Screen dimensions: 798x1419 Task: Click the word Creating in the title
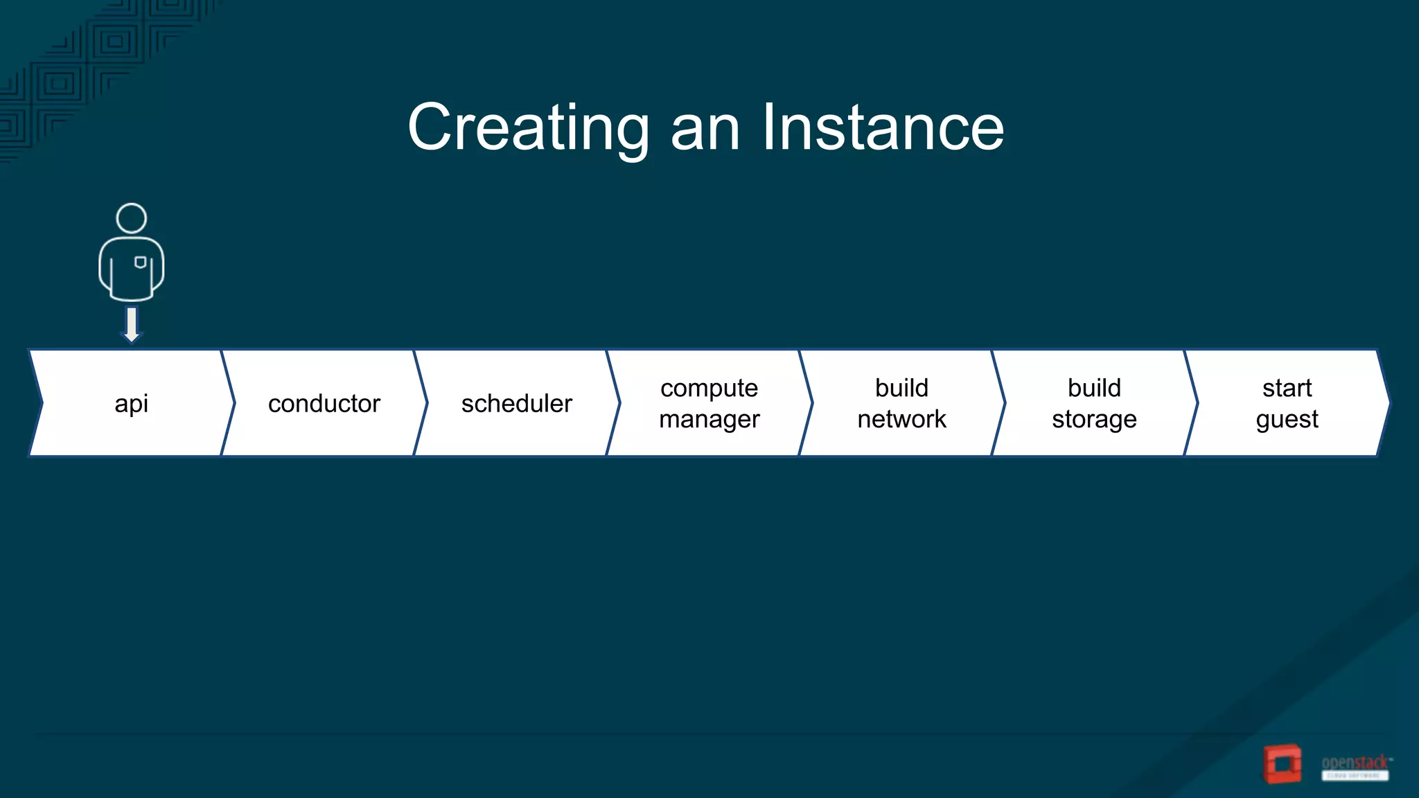[x=528, y=127]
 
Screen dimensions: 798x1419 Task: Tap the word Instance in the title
[x=883, y=127]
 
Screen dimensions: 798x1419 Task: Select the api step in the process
[x=131, y=403]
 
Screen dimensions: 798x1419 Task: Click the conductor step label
[x=324, y=403]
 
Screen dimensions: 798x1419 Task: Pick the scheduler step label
[x=516, y=403]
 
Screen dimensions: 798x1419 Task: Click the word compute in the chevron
[x=709, y=388]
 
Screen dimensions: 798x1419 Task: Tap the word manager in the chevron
[x=709, y=419]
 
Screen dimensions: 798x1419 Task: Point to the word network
[x=901, y=419]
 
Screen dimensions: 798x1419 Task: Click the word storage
[x=1094, y=419]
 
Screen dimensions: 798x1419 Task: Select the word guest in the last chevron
[x=1287, y=419]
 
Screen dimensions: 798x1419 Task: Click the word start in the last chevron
[x=1287, y=388]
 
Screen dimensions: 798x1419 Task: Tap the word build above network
[x=901, y=388]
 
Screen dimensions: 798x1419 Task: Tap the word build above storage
[x=1094, y=388]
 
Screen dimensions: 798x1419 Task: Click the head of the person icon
[x=131, y=218]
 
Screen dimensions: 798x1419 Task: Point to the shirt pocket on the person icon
[x=140, y=263]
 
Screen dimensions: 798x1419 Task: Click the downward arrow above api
[x=131, y=324]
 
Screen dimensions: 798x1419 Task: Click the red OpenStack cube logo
[x=1282, y=764]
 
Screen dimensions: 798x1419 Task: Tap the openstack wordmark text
[x=1355, y=763]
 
